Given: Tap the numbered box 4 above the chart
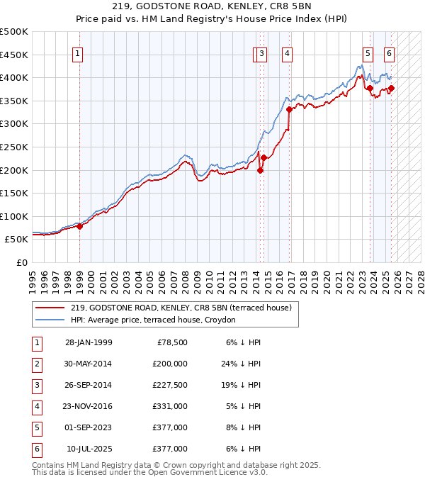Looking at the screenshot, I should (288, 52).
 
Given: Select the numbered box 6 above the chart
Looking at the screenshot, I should (390, 52).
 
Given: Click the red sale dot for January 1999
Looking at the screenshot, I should (80, 226).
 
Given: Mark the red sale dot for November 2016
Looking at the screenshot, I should (289, 109).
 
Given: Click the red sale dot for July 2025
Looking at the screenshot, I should (392, 88).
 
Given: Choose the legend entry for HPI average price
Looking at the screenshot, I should (157, 320).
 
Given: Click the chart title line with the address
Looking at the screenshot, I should (212, 9).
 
